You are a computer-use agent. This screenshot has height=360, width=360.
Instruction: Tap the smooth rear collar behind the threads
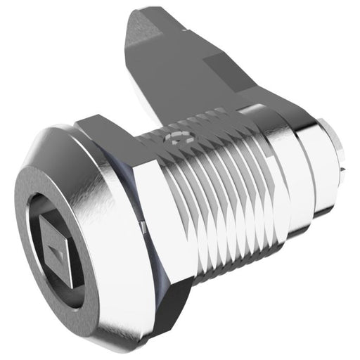[x=302, y=169]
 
